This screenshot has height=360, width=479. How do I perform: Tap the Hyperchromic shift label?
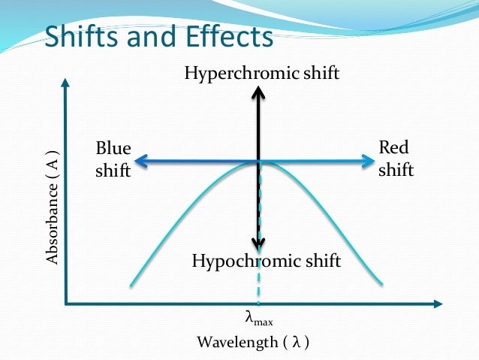tap(262, 73)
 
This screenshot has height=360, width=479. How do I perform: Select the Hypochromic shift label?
tap(267, 262)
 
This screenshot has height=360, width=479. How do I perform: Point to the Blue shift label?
tap(113, 159)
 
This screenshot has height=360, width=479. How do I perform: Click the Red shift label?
tap(396, 158)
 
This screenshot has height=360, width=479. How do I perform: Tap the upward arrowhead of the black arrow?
tap(258, 93)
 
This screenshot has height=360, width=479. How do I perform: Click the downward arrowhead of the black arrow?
tap(258, 244)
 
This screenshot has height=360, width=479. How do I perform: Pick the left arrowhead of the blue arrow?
tap(140, 160)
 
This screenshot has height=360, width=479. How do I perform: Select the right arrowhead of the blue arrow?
tap(368, 160)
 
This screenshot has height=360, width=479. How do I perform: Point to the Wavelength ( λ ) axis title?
tap(253, 343)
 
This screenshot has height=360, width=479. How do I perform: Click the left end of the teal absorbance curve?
tap(132, 285)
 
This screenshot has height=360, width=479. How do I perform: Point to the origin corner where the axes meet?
tap(67, 304)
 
